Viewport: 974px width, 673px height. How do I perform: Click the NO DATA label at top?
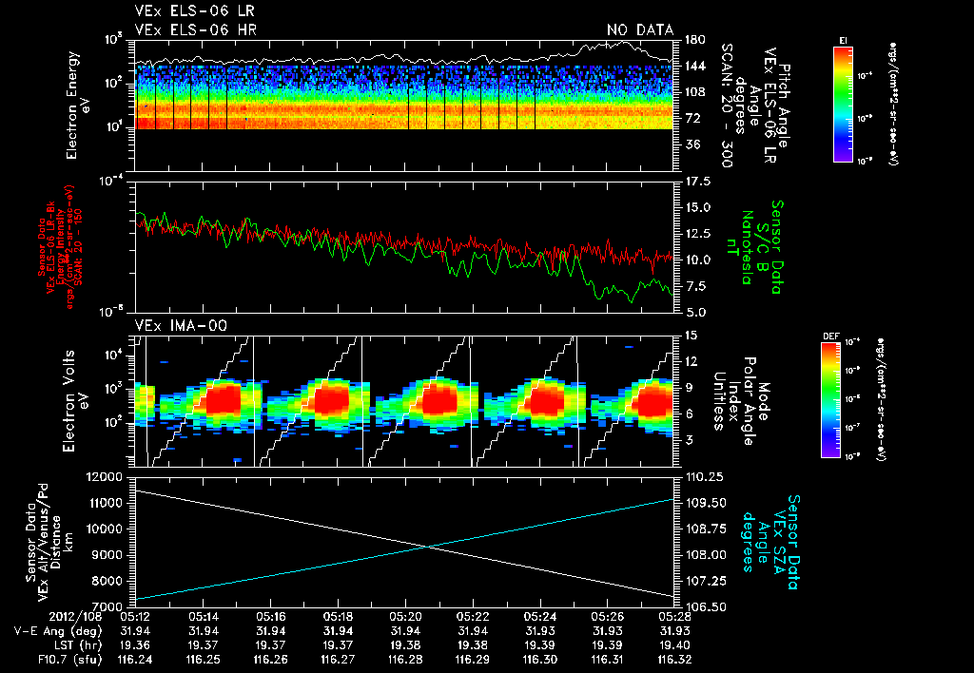pos(639,30)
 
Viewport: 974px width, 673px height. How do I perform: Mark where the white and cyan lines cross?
pos(430,546)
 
